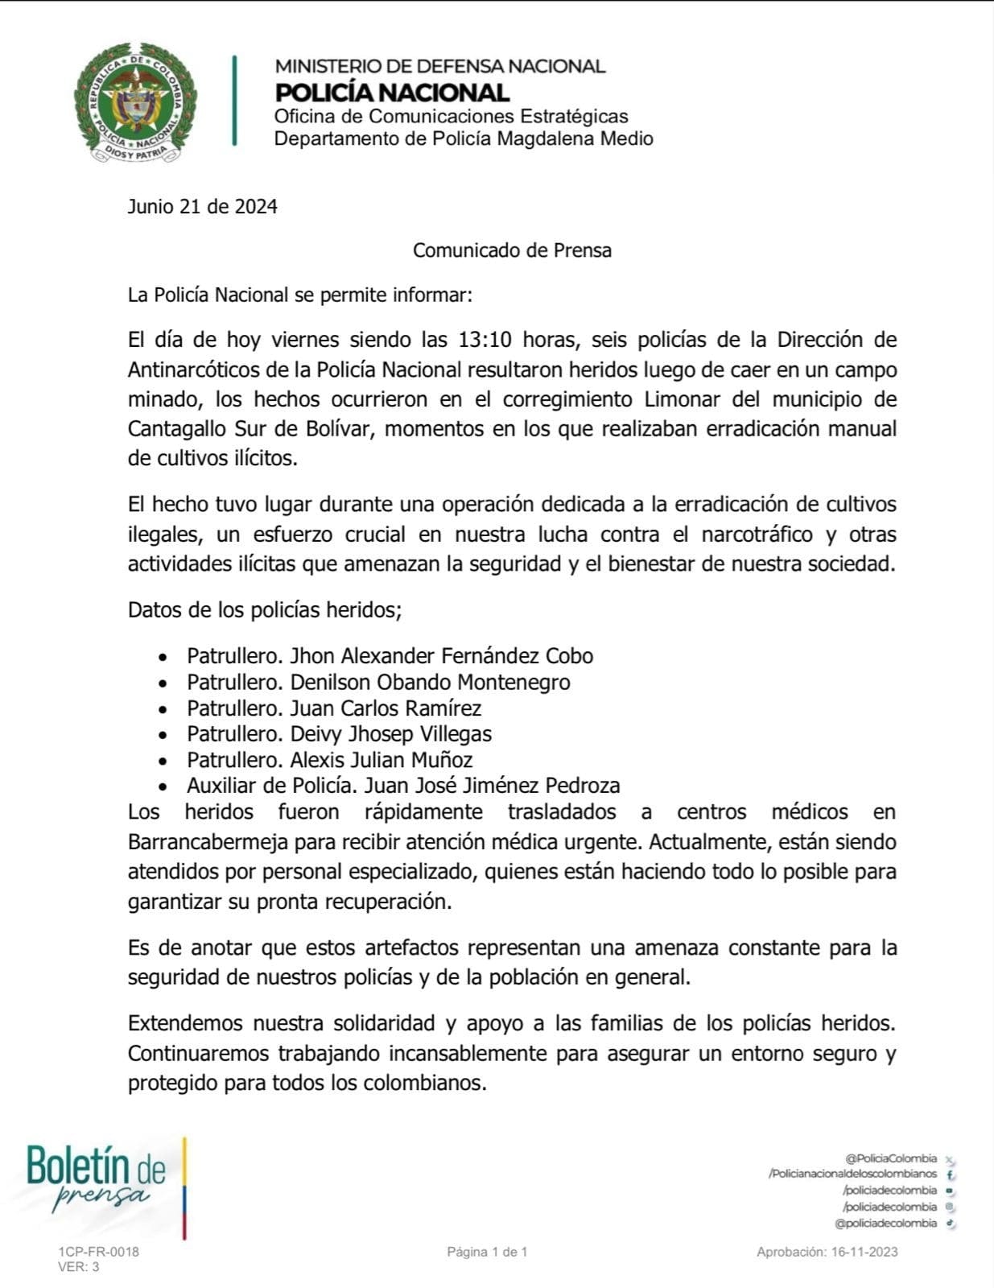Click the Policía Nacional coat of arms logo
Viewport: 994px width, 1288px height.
134,102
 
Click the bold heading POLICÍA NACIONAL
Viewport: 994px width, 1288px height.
392,93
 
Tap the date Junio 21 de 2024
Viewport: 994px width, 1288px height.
202,207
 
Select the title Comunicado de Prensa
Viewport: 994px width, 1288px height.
512,250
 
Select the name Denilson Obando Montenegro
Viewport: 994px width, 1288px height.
430,683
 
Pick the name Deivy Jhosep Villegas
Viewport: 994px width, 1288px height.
390,734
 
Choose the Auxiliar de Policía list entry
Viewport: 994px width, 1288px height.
403,786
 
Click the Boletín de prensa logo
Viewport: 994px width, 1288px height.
97,1178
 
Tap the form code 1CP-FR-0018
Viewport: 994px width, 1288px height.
98,1252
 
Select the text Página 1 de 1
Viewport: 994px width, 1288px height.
487,1252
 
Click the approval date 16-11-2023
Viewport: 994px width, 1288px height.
864,1252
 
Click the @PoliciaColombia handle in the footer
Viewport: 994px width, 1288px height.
891,1158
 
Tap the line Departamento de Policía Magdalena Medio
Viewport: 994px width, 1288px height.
464,138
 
